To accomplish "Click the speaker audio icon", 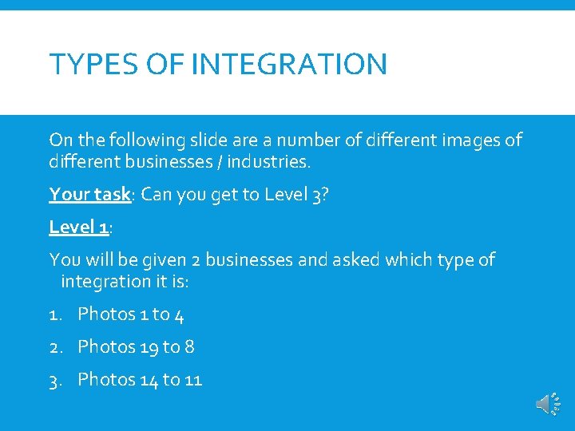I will point(547,405).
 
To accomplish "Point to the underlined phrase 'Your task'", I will point(89,194).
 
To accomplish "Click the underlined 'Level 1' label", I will point(78,227).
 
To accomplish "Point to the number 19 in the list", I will point(149,346).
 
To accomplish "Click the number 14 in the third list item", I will point(149,379).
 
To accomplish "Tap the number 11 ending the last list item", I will point(192,379).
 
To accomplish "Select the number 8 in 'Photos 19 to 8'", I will point(189,346).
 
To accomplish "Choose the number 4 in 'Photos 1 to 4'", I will point(179,314).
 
